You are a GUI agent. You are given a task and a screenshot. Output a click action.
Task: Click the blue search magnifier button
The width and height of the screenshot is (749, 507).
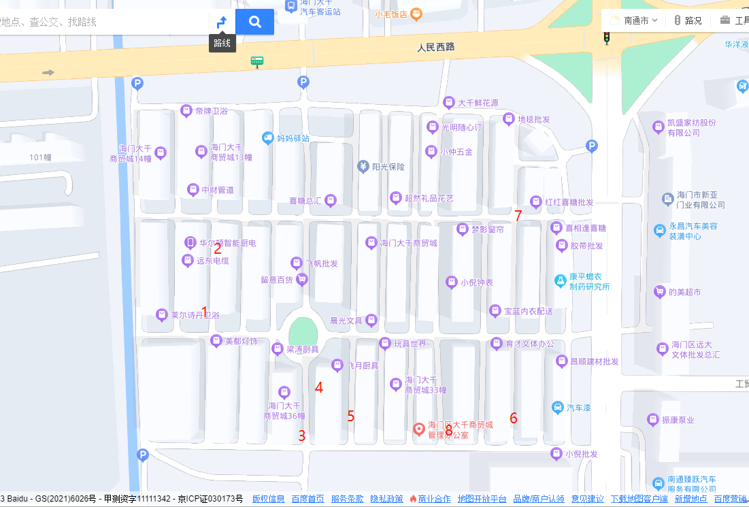(255, 22)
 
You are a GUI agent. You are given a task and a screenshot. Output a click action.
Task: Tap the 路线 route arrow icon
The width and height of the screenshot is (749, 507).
(222, 22)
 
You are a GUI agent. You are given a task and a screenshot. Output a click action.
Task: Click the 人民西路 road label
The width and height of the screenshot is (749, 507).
(435, 47)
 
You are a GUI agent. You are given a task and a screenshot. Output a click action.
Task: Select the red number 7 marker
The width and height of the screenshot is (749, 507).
(518, 216)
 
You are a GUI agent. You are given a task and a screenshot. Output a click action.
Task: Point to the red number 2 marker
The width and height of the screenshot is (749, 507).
(218, 248)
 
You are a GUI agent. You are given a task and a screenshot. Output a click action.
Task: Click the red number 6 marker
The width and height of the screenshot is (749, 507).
(514, 418)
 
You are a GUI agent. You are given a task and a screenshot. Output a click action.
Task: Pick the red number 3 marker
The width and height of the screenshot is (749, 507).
(302, 436)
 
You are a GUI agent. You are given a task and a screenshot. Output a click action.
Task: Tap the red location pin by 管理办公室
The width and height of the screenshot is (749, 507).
(420, 429)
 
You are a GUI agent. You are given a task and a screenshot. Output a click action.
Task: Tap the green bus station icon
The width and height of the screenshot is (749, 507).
(256, 62)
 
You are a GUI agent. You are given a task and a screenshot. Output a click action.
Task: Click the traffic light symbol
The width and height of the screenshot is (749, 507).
(607, 38)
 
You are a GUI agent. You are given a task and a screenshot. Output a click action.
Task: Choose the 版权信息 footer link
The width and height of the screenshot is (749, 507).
(269, 499)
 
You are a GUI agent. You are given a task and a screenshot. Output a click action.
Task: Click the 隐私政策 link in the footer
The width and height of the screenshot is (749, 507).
(386, 499)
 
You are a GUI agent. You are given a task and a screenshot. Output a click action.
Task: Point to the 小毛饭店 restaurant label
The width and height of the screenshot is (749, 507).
(390, 13)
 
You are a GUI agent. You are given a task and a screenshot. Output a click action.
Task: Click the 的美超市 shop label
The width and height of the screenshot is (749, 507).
(684, 292)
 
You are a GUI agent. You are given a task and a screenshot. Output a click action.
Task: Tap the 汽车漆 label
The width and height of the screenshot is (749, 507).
(579, 408)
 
